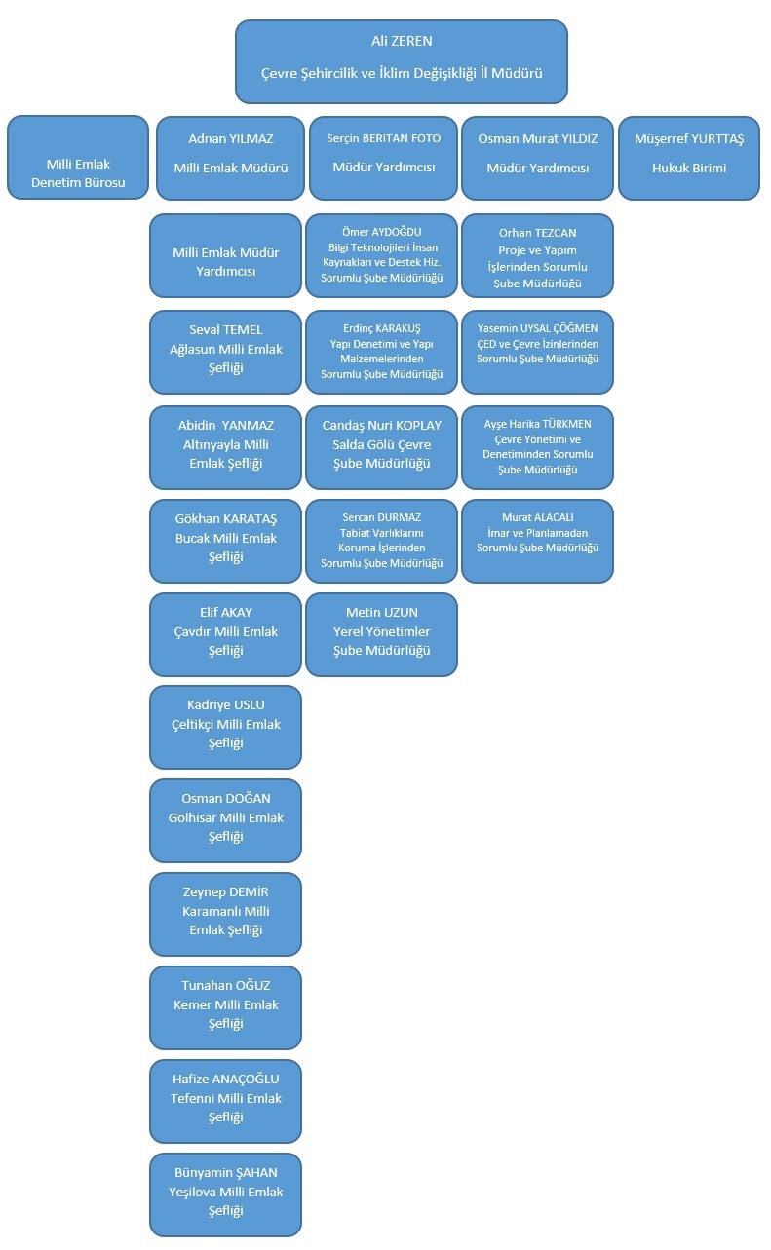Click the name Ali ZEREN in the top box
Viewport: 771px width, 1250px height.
click(402, 41)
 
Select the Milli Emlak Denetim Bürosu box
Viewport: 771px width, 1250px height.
click(78, 158)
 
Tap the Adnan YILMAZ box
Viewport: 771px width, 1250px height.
click(231, 158)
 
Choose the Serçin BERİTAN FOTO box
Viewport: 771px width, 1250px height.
click(383, 158)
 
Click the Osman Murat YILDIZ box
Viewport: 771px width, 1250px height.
click(538, 158)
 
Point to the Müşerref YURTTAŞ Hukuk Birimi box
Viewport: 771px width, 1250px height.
click(689, 158)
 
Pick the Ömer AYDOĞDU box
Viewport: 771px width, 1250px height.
click(382, 255)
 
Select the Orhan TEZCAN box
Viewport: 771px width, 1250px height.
click(538, 255)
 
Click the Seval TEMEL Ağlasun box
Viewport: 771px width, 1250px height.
click(225, 352)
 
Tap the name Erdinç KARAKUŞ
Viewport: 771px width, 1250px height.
click(382, 328)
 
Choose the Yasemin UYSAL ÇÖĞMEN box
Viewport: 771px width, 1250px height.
click(538, 352)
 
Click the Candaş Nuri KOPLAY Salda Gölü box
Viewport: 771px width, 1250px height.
click(382, 447)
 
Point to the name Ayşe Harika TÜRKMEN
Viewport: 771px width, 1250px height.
click(538, 424)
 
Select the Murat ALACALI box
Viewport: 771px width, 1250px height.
click(538, 542)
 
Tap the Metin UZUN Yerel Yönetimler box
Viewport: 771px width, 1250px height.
click(382, 634)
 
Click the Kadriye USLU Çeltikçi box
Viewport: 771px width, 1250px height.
click(225, 727)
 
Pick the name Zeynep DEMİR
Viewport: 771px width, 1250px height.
click(225, 891)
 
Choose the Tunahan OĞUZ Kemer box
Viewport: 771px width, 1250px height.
click(225, 1007)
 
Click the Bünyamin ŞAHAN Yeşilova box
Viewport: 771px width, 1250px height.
click(225, 1194)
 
